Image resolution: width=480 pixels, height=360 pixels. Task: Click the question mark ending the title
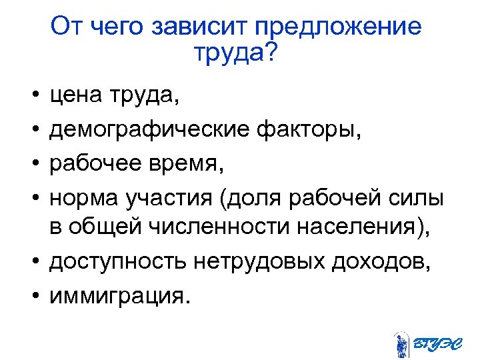point(268,53)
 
